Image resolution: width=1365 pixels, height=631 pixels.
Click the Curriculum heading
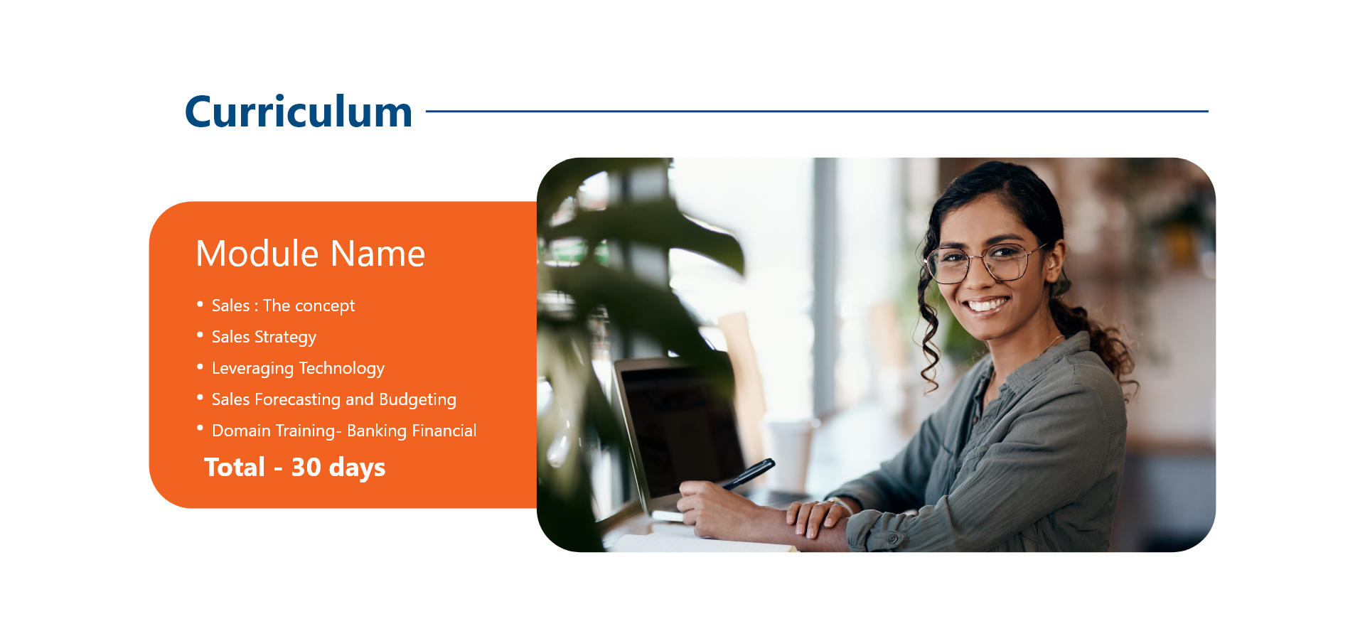299,112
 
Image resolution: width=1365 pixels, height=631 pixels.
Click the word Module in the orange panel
257,253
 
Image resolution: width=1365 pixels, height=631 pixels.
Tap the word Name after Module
378,254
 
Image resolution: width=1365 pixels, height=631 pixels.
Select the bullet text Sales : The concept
283,306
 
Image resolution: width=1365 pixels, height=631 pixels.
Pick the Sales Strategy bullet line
264,337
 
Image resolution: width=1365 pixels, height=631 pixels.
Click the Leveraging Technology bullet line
298,368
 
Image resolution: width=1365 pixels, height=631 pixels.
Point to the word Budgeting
417,399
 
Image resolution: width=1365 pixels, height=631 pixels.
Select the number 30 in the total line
306,467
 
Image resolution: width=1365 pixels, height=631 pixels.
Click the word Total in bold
235,467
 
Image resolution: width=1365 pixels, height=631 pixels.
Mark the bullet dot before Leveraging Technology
200,366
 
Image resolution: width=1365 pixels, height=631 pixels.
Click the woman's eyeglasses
985,262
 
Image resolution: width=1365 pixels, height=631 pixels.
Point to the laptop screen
679,430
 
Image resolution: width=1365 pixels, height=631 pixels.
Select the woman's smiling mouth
987,306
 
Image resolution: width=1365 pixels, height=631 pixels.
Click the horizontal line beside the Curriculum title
817,111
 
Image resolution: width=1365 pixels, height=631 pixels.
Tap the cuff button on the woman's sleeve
892,539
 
